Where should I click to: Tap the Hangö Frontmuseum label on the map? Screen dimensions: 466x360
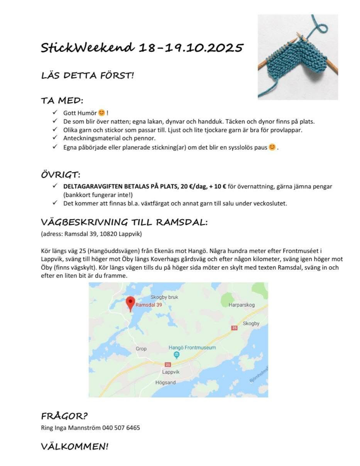pyautogui.click(x=192, y=348)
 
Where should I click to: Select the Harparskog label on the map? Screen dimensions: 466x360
pyautogui.click(x=241, y=305)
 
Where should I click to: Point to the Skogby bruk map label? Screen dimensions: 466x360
pyautogui.click(x=164, y=297)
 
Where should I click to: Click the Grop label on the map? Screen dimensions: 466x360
pyautogui.click(x=141, y=349)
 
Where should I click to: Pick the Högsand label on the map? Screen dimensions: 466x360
pyautogui.click(x=165, y=383)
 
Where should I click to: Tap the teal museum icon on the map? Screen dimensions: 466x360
pyautogui.click(x=176, y=355)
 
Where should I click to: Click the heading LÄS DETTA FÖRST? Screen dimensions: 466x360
pyautogui.click(x=87, y=75)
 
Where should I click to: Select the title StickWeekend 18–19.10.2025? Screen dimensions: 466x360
pyautogui.click(x=142, y=48)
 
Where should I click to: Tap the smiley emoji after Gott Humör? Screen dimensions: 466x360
pyautogui.click(x=102, y=113)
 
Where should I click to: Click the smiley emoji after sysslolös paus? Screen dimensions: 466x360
pyautogui.click(x=272, y=147)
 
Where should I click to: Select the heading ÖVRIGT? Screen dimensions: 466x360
pyautogui.click(x=61, y=175)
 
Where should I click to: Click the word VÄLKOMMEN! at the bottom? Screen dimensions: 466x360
pyautogui.click(x=75, y=446)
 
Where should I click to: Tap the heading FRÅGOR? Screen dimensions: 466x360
pyautogui.click(x=64, y=416)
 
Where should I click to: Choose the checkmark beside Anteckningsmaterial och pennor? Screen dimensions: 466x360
pyautogui.click(x=55, y=138)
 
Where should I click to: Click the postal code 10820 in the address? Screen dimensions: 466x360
pyautogui.click(x=108, y=234)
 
